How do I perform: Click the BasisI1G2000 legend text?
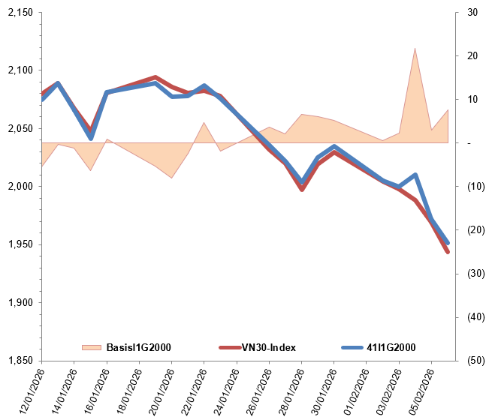[x=139, y=347]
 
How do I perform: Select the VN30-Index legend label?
[x=269, y=347]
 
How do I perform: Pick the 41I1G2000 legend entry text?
[x=391, y=347]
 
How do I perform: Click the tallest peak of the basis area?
[x=415, y=49]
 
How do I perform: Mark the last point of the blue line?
[x=448, y=243]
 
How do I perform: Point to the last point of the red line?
[x=448, y=252]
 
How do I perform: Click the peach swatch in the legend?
[x=91, y=347]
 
